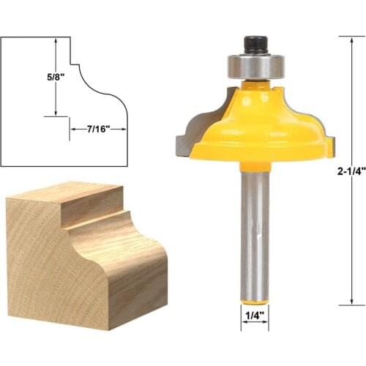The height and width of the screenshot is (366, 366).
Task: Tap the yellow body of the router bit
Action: point(256,124)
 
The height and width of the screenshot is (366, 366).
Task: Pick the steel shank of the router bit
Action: point(252,234)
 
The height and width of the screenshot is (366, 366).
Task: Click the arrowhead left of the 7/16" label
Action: point(73,129)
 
